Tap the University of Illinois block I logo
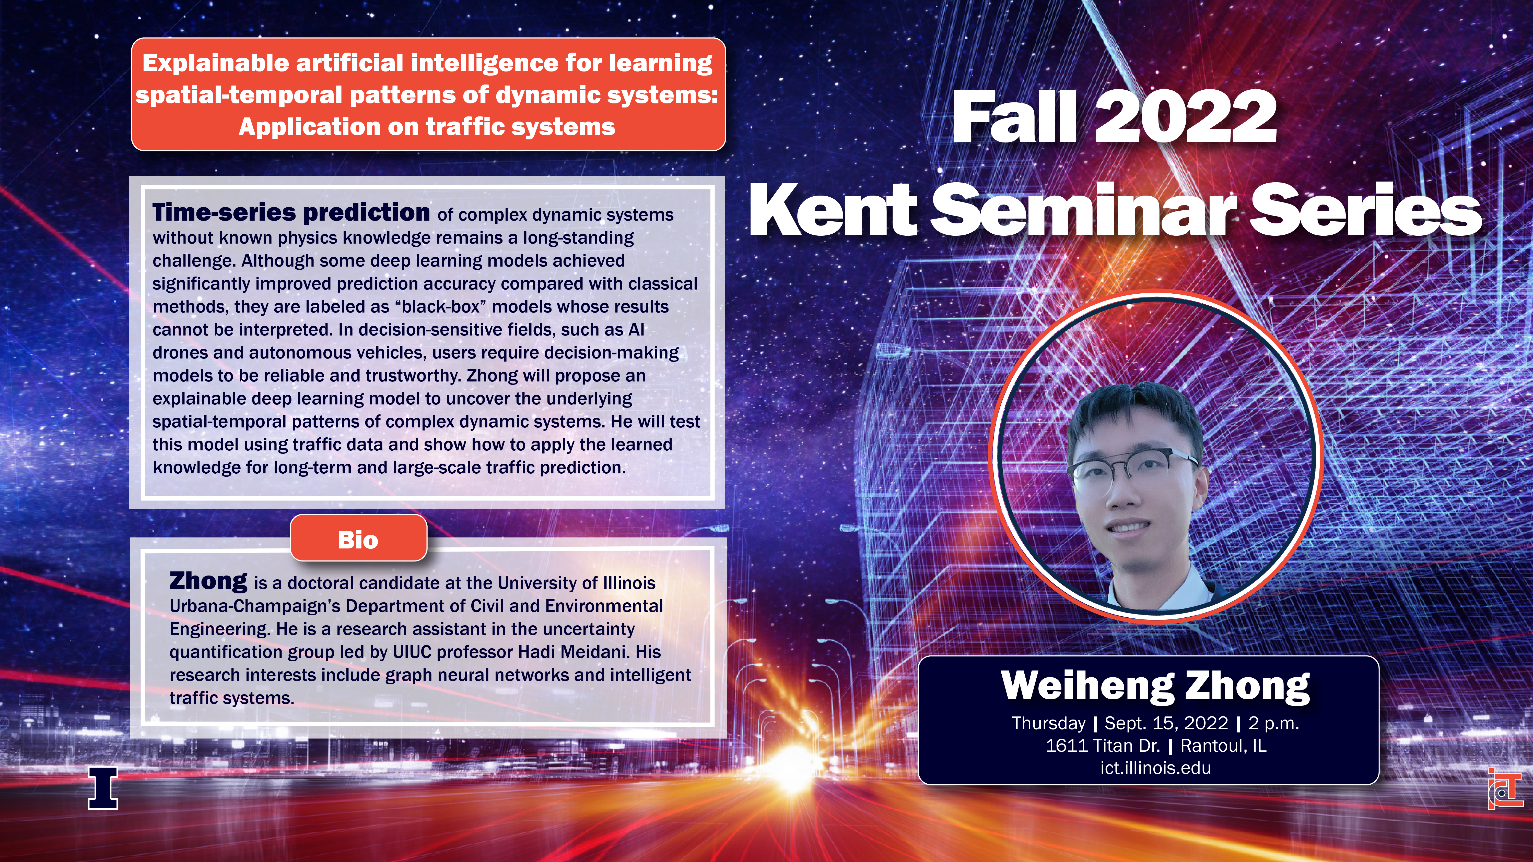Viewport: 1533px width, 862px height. tap(103, 788)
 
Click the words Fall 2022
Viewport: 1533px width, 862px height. tap(1114, 117)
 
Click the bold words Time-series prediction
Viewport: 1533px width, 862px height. tap(291, 212)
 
